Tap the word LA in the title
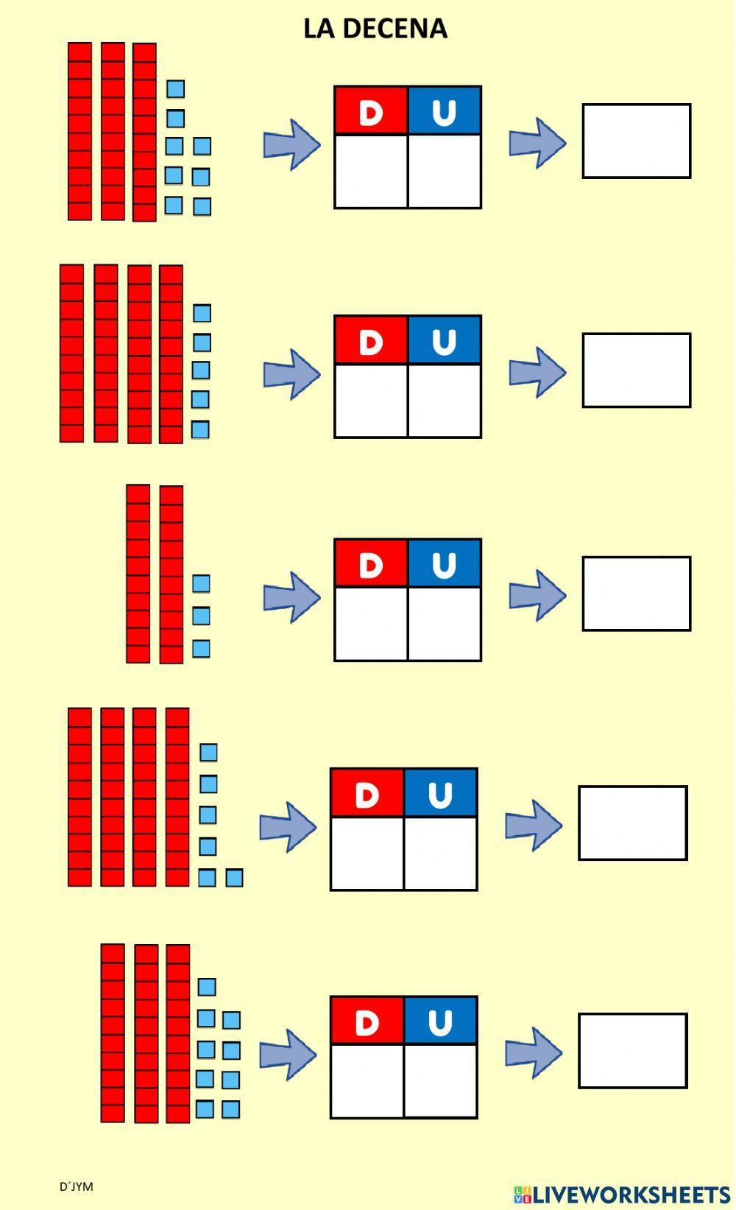point(319,29)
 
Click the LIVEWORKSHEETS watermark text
point(631,1194)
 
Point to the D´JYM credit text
point(76,1186)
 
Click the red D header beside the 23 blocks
point(371,563)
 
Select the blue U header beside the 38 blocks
point(445,110)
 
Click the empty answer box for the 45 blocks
point(637,370)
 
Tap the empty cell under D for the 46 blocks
point(367,854)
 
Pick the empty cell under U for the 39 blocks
point(441,1081)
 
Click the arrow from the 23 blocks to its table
point(291,597)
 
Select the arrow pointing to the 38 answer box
point(537,143)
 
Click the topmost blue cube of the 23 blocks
point(201,583)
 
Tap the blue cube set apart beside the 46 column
point(234,877)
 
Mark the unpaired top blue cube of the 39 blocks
point(207,987)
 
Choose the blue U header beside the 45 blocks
point(445,340)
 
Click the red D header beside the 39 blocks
point(367,1021)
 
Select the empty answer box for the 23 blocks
point(637,593)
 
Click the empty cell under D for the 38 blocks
point(371,172)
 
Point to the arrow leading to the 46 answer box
point(534,826)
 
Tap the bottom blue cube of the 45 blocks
point(199,430)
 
